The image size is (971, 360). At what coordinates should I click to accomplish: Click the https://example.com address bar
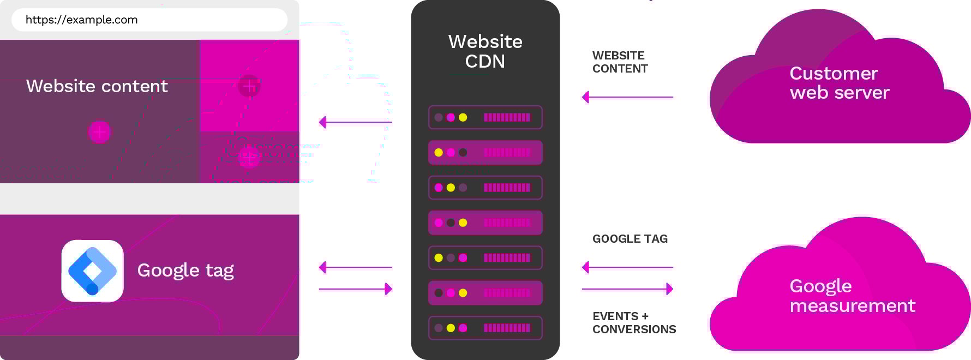click(x=149, y=20)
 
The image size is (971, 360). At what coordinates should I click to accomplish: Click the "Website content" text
click(x=97, y=86)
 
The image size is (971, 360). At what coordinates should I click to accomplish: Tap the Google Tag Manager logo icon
click(x=92, y=271)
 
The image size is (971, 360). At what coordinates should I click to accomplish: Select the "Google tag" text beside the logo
click(x=185, y=270)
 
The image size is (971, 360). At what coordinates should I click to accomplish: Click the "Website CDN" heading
click(x=485, y=51)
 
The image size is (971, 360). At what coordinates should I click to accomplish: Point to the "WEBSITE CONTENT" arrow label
click(x=620, y=62)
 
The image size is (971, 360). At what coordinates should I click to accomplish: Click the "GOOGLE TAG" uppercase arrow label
click(x=630, y=239)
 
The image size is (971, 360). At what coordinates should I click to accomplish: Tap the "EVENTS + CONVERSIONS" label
click(x=634, y=323)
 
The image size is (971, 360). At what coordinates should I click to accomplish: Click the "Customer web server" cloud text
click(x=839, y=83)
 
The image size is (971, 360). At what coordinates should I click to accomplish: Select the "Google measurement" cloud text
click(x=852, y=296)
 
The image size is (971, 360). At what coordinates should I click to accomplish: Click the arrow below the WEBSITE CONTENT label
click(x=627, y=97)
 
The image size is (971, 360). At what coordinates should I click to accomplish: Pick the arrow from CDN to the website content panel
click(x=355, y=122)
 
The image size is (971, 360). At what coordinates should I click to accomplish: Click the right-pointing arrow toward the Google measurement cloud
click(x=627, y=289)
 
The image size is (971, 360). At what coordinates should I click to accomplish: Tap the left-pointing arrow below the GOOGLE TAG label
click(x=627, y=267)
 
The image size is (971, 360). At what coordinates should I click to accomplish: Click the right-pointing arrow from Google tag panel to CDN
click(x=355, y=289)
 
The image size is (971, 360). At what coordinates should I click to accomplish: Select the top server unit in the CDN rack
click(x=485, y=117)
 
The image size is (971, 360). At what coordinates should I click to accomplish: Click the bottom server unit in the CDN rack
click(x=485, y=328)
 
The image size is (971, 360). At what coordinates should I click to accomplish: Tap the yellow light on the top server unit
click(x=463, y=117)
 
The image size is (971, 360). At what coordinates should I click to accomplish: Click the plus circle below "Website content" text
click(x=99, y=131)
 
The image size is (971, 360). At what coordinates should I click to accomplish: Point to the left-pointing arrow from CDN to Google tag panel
click(x=355, y=267)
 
